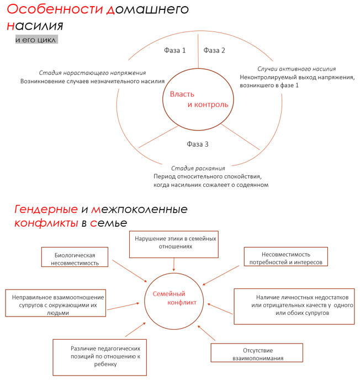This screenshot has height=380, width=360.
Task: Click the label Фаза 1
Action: tap(174, 51)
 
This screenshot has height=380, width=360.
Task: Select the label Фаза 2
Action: tap(214, 51)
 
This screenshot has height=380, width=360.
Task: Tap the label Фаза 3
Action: tap(197, 144)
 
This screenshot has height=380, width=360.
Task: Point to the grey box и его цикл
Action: tap(36, 40)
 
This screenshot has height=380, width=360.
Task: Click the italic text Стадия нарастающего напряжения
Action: tap(93, 72)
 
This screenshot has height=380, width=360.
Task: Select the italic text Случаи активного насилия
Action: tap(297, 69)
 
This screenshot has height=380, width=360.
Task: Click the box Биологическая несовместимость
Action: tap(77, 259)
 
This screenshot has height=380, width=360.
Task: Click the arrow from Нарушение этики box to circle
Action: tap(174, 265)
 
